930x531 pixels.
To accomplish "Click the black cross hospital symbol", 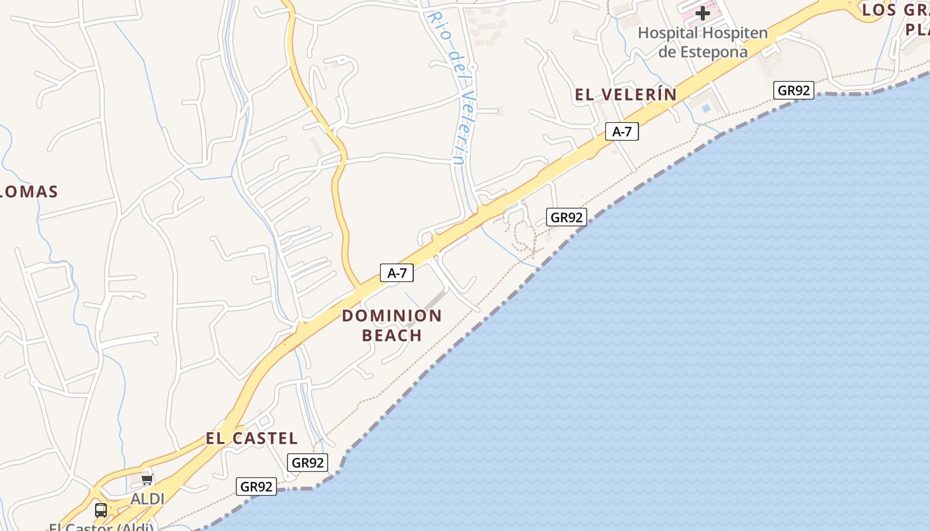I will point(702,13).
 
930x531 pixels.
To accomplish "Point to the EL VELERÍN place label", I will point(626,95).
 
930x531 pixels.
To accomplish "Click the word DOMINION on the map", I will point(392,316).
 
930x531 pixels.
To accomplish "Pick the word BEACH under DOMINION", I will point(392,336).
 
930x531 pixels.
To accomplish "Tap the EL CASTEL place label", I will point(252,439).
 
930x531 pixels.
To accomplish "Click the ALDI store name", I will point(147,498).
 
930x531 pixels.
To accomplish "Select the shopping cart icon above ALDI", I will point(147,479).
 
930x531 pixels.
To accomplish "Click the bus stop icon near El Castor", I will point(101,510).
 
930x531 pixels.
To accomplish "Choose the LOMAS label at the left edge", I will point(30,192).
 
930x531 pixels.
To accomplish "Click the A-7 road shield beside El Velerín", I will point(622,131).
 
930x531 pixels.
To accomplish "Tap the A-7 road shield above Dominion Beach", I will point(397,272).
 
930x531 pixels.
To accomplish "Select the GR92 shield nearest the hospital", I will point(794,90).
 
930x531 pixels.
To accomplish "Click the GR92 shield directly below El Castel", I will point(308,463).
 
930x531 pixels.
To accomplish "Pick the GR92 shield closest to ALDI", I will point(256,487).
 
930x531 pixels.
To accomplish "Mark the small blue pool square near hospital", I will point(706,108).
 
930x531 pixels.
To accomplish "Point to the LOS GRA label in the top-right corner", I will point(895,10).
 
